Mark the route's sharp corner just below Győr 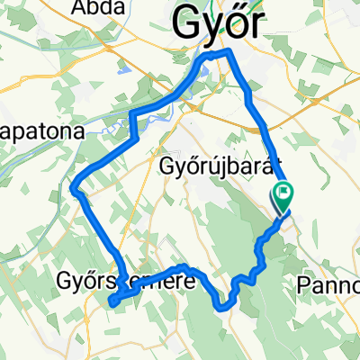(x=228, y=54)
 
